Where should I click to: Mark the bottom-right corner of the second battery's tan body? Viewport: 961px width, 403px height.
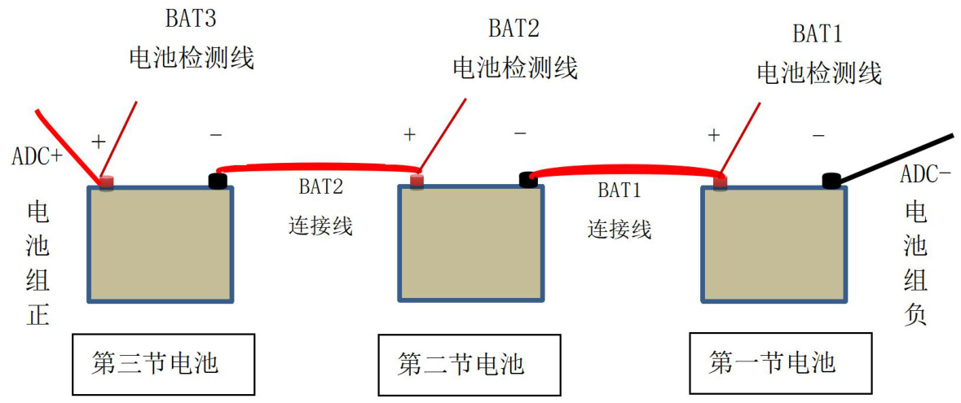[x=543, y=300]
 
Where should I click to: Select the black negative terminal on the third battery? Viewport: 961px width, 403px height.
[x=218, y=181]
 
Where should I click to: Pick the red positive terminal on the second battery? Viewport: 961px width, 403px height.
[x=417, y=180]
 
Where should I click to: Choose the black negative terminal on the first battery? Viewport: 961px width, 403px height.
[x=831, y=181]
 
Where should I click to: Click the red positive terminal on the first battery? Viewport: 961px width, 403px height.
[x=720, y=181]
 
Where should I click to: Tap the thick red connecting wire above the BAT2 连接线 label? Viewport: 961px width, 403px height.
[x=319, y=166]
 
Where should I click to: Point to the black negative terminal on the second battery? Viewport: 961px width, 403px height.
[x=527, y=179]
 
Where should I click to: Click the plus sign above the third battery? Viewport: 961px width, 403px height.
[x=98, y=142]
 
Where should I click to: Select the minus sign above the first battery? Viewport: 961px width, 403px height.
[x=819, y=135]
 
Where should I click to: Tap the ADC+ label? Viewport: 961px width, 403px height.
[x=37, y=157]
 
